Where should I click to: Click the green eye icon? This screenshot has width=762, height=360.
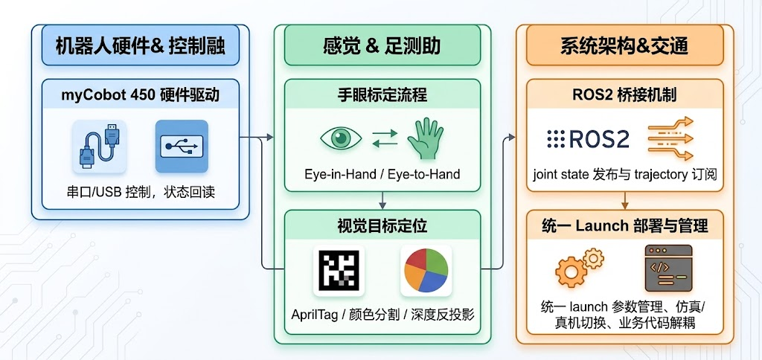click(x=341, y=138)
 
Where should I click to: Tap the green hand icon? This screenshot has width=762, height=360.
click(x=425, y=138)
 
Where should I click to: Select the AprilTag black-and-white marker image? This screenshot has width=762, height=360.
click(x=339, y=271)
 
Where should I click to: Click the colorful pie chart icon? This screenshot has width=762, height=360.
click(x=426, y=271)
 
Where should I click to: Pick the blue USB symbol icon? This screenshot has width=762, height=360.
click(x=182, y=147)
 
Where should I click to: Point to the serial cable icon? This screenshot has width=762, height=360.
click(x=100, y=147)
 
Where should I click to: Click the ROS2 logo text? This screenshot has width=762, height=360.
click(x=588, y=139)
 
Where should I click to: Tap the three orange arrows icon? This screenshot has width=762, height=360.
click(x=670, y=138)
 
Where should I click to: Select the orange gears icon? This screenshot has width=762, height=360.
click(x=579, y=267)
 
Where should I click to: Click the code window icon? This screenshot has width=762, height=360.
click(x=668, y=268)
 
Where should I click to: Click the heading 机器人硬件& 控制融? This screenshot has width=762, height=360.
click(x=141, y=46)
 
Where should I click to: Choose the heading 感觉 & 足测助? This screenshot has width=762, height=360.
click(x=382, y=45)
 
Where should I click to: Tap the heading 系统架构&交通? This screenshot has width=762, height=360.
click(x=624, y=45)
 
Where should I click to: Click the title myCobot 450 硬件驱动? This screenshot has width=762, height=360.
click(x=141, y=94)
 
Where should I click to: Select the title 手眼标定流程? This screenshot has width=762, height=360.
click(x=382, y=94)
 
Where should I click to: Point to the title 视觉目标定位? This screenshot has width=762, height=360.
click(x=382, y=225)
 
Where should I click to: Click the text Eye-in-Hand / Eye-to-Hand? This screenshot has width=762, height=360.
click(x=382, y=174)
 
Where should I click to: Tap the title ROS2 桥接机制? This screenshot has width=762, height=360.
click(x=624, y=94)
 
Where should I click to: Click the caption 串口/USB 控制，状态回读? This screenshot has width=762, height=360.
click(x=141, y=193)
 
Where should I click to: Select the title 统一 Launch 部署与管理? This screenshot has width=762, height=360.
click(x=624, y=226)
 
